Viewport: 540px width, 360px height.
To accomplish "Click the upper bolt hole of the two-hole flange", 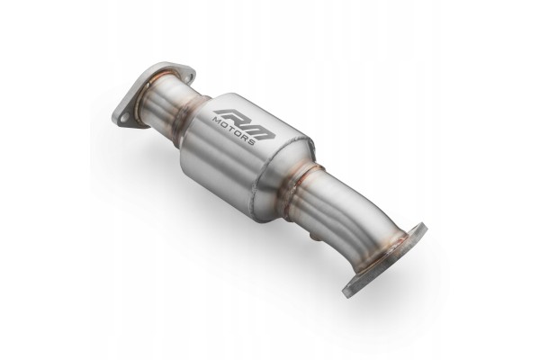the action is click(x=187, y=78).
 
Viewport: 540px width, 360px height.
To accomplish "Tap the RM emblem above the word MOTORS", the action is click(x=244, y=124).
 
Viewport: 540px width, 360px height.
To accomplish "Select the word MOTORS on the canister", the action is click(x=233, y=131).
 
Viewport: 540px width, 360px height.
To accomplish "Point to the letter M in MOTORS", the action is click(x=217, y=121).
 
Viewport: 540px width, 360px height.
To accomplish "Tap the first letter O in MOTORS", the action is click(x=224, y=125).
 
